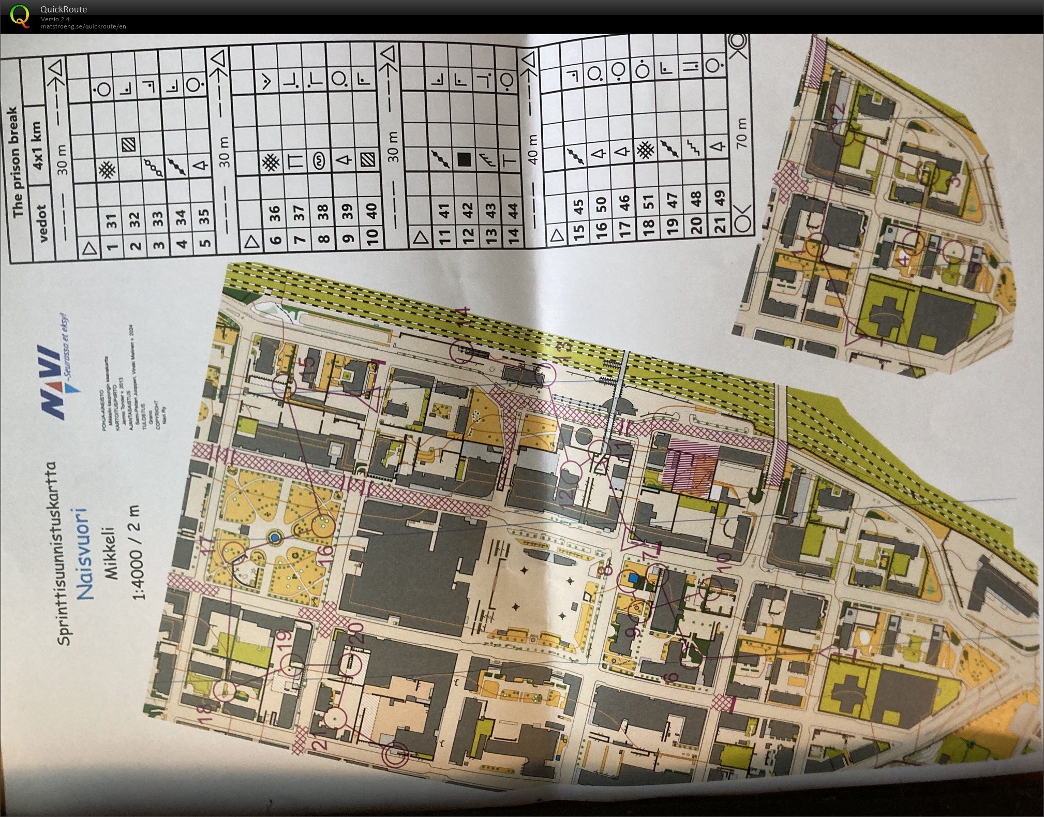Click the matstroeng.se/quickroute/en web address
coord(83,26)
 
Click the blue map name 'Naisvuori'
coord(84,554)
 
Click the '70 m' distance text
coord(741,131)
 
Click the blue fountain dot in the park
coord(275,539)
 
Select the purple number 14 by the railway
coord(462,316)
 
